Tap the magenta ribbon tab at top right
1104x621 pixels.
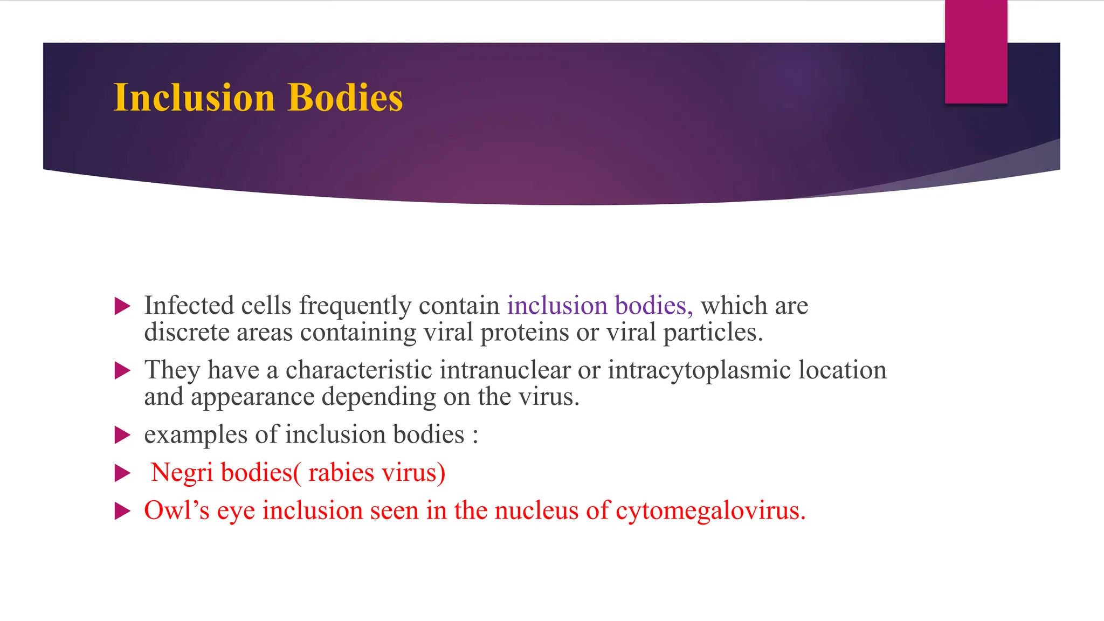point(976,52)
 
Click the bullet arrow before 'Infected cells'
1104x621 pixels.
point(123,307)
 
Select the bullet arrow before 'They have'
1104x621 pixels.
point(123,371)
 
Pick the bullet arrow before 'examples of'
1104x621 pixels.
point(123,435)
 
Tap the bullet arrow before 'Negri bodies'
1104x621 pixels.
point(123,473)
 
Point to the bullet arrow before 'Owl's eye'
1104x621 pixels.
point(123,511)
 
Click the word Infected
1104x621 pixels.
point(189,306)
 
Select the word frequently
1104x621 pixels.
point(356,307)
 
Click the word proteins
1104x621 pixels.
point(524,333)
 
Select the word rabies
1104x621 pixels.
point(341,473)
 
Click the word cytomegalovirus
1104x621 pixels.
point(710,511)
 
